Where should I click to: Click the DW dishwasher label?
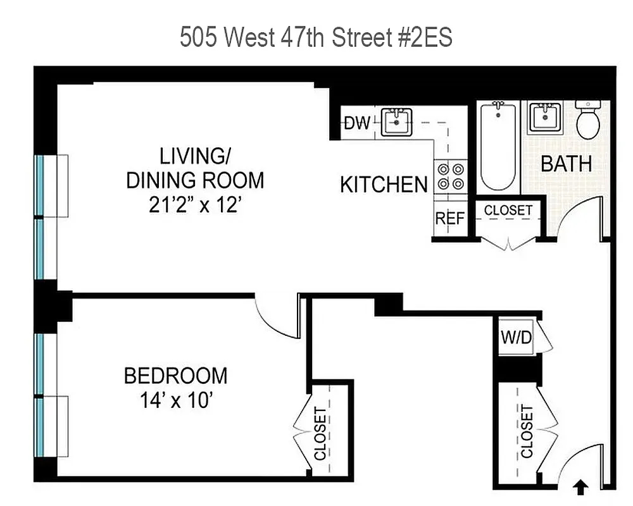pyautogui.click(x=357, y=123)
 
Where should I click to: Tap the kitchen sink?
pyautogui.click(x=397, y=121)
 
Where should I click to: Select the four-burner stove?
pyautogui.click(x=450, y=176)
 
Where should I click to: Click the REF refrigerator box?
pyautogui.click(x=450, y=219)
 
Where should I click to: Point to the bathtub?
pyautogui.click(x=498, y=147)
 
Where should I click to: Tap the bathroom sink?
pyautogui.click(x=545, y=118)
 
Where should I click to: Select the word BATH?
pyautogui.click(x=566, y=164)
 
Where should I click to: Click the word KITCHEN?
pyautogui.click(x=384, y=185)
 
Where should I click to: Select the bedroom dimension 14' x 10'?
pyautogui.click(x=175, y=401)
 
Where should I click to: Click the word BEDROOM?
pyautogui.click(x=175, y=376)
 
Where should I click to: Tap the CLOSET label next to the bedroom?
pyautogui.click(x=321, y=434)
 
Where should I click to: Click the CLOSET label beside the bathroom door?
pyautogui.click(x=508, y=210)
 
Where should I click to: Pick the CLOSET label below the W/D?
pyautogui.click(x=527, y=431)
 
